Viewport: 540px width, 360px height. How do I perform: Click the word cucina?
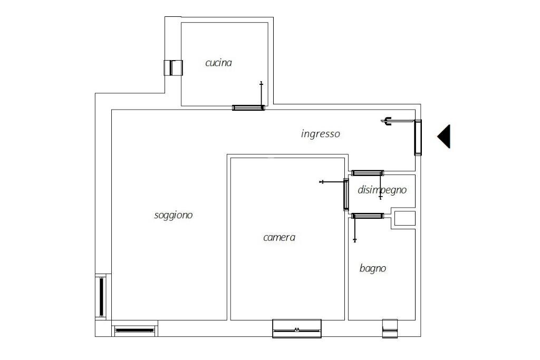coord(218,63)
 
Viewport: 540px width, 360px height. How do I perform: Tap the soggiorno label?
coord(173,216)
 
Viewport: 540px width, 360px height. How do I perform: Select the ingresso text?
coord(320,134)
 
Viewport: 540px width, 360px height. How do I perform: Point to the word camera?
coord(279,238)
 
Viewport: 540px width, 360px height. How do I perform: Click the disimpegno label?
coord(382,190)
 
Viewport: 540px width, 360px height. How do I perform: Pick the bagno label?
coord(373,268)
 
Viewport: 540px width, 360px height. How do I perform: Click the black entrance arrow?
coord(444,137)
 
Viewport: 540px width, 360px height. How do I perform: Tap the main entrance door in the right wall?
coord(418,138)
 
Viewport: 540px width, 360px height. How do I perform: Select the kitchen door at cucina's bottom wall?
coord(248,108)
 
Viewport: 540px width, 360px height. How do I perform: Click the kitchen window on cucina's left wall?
coord(173,68)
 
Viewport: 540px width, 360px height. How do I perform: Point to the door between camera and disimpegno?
coord(346,194)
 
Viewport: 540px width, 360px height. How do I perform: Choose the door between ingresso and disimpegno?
coord(368,173)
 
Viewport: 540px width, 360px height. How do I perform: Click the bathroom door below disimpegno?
coord(368,216)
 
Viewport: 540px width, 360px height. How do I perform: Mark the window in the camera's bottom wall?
coord(297,329)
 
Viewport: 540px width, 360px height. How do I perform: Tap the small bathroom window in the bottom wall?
coord(390,329)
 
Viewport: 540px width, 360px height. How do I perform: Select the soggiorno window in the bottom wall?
coord(134,330)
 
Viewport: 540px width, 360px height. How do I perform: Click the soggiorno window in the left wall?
coord(101,297)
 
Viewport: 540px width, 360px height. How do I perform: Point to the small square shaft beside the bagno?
coord(404,219)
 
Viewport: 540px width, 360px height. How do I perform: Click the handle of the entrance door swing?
coord(387,121)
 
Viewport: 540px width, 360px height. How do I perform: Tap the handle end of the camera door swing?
coord(322,182)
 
